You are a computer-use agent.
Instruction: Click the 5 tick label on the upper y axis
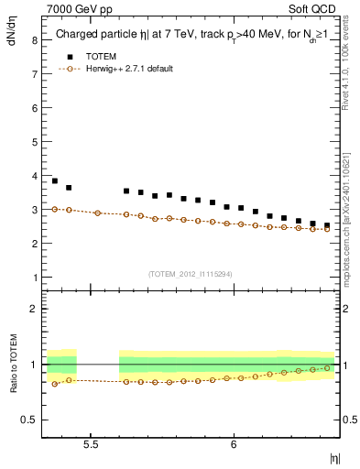(x=33, y=142)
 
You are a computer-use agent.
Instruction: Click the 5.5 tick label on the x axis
(x=91, y=444)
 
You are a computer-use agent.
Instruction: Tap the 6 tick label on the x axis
(x=234, y=444)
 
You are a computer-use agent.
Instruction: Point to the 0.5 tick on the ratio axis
(x=29, y=420)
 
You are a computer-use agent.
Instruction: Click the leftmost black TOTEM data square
(x=55, y=181)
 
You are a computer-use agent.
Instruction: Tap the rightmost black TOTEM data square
(x=327, y=225)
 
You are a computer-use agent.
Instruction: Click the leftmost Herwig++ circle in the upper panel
(x=55, y=209)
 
